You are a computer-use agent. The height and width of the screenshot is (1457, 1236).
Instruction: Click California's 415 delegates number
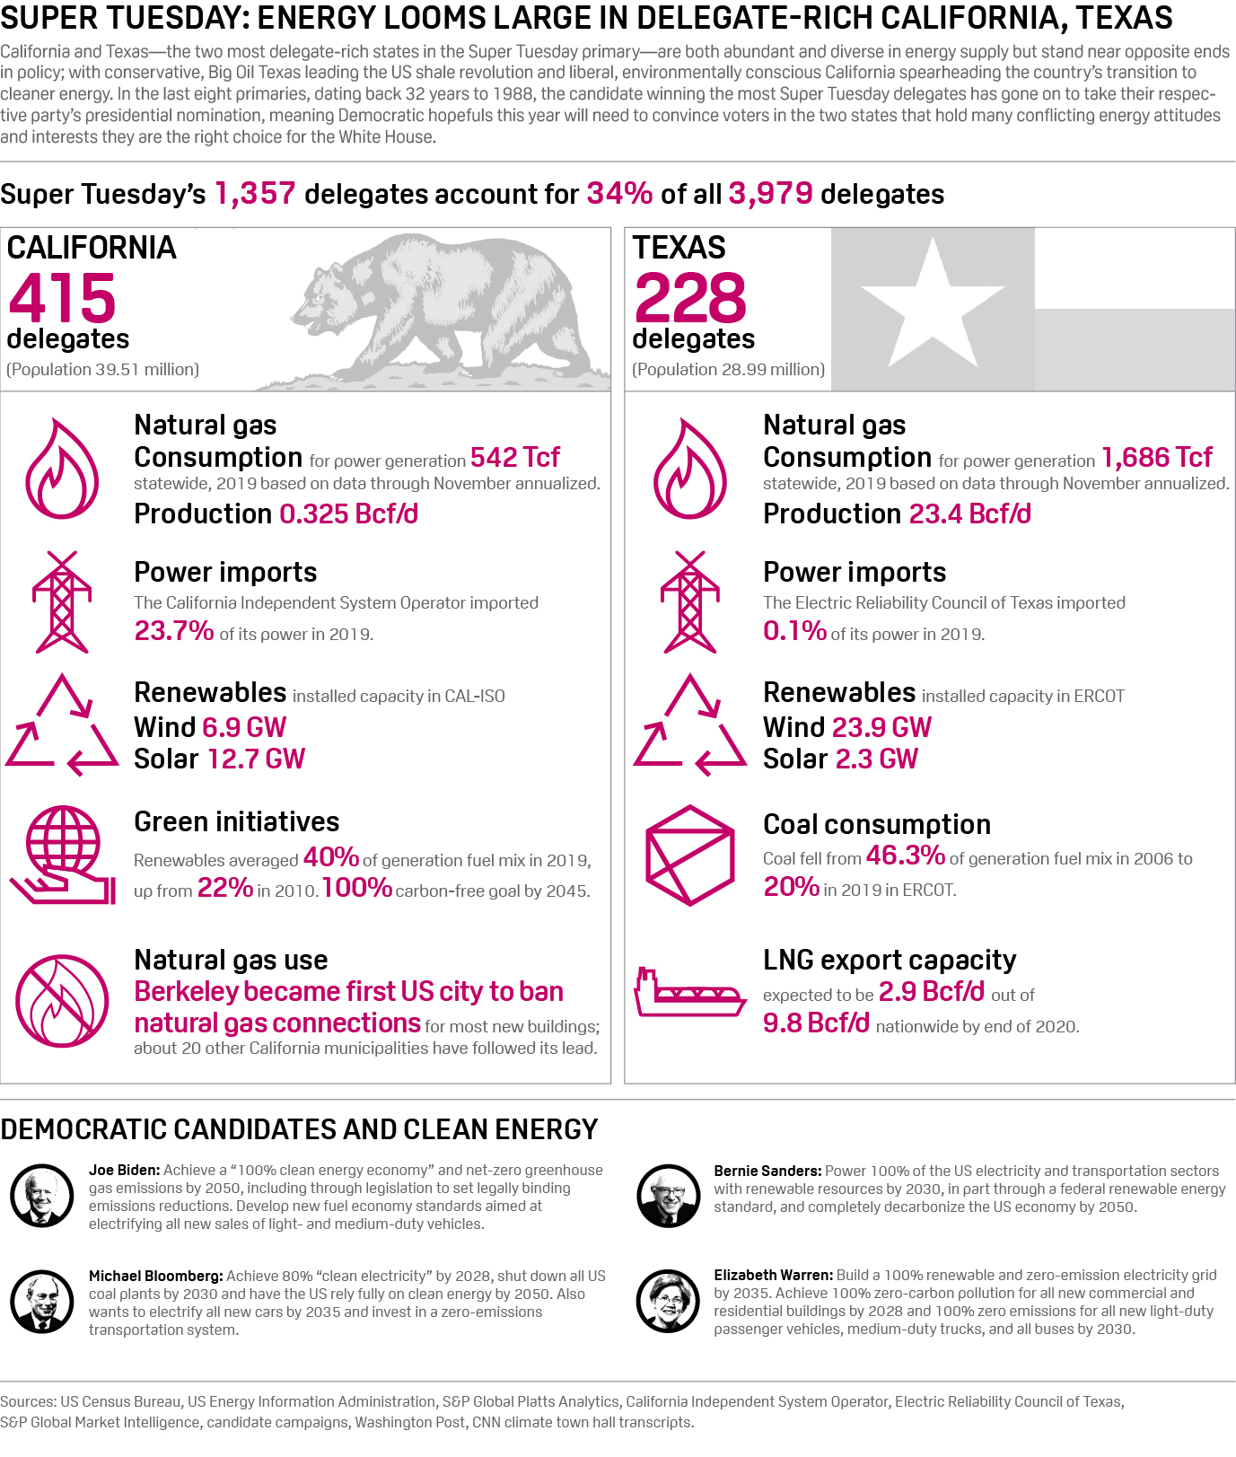click(x=63, y=298)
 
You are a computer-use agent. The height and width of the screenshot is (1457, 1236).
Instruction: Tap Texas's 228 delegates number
click(x=690, y=298)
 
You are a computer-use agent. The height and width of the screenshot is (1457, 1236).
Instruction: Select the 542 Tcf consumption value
click(x=515, y=458)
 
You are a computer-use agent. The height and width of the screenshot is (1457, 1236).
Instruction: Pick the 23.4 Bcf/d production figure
click(x=970, y=514)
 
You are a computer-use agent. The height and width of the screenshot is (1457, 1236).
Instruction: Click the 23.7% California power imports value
click(x=174, y=631)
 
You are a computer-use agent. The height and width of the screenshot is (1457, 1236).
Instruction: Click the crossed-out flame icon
click(x=62, y=1000)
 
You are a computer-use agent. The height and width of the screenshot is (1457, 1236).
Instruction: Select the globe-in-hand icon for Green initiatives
click(x=62, y=855)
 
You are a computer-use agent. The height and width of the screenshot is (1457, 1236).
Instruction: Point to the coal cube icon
click(x=690, y=855)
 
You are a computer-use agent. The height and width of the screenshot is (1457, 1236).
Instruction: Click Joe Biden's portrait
click(x=42, y=1196)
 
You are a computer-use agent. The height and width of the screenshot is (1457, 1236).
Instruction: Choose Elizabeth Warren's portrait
click(x=668, y=1302)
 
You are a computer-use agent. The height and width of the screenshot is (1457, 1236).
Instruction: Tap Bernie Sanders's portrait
click(x=668, y=1196)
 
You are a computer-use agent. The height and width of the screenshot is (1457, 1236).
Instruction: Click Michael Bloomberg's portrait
click(x=42, y=1302)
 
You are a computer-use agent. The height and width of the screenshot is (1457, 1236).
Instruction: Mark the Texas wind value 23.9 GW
click(x=881, y=727)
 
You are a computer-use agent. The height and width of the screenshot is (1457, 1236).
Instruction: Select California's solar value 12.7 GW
click(x=257, y=759)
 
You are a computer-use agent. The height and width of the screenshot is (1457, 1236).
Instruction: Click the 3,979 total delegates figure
click(x=770, y=194)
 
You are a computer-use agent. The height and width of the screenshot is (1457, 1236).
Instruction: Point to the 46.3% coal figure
click(x=905, y=856)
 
